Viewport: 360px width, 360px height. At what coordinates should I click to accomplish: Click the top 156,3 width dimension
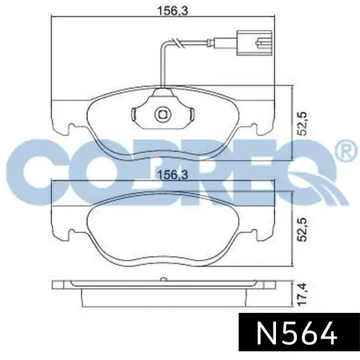[173, 11]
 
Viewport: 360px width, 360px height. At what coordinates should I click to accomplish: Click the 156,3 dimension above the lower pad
[173, 175]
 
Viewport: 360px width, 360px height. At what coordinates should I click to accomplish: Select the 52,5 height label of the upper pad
[302, 124]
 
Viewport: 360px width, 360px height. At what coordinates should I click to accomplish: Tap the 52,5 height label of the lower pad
[302, 230]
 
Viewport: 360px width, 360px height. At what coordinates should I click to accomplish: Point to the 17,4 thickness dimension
[302, 294]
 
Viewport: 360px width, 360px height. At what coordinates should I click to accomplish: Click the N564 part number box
[299, 332]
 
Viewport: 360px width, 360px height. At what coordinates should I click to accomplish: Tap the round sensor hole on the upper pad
[162, 114]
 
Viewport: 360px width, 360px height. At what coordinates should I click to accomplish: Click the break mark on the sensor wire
[178, 42]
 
